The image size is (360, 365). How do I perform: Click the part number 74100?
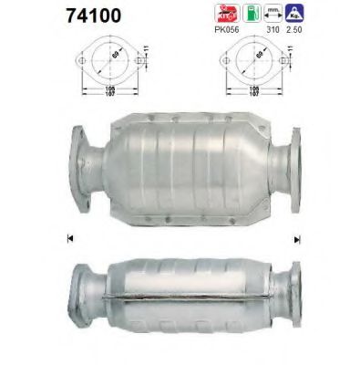(x=43, y=17)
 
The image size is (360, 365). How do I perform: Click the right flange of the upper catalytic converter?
(x=298, y=167)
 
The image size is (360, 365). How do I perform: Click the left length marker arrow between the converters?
(x=69, y=239)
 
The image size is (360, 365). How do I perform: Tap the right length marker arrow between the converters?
(x=296, y=239)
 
